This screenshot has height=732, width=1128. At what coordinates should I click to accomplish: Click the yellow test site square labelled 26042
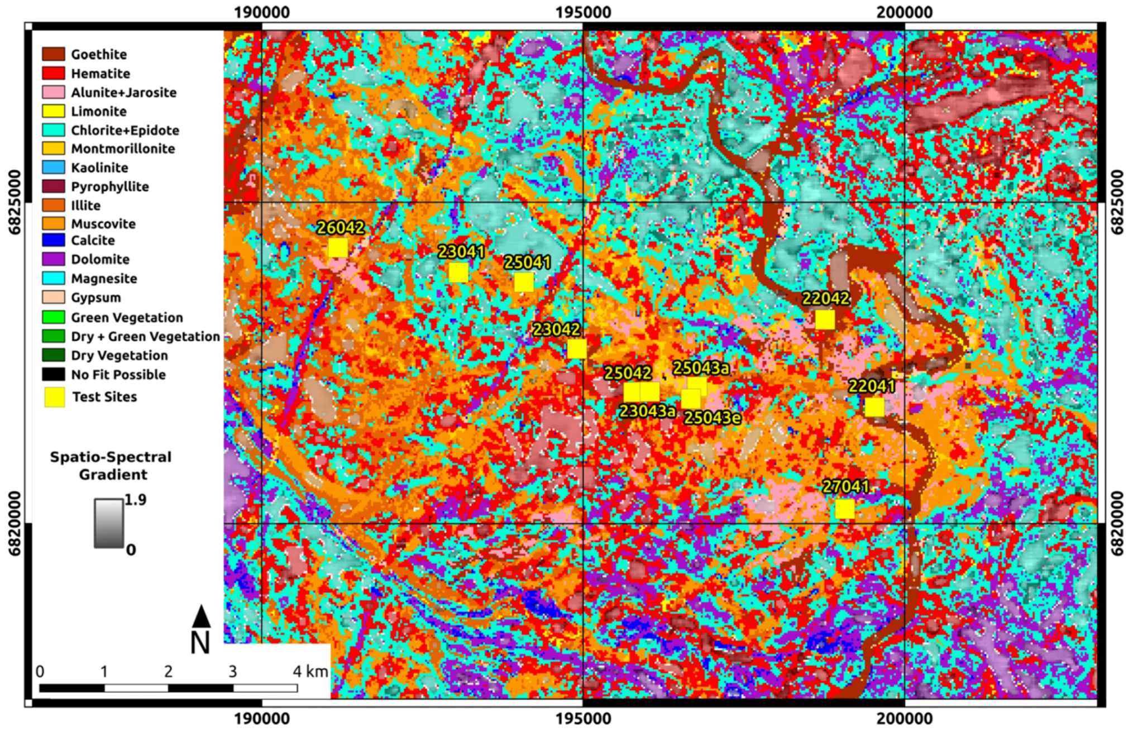pyautogui.click(x=338, y=247)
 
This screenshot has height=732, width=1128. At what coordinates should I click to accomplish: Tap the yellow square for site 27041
pyautogui.click(x=845, y=509)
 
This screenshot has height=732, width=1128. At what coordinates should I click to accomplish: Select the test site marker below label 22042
pyautogui.click(x=825, y=320)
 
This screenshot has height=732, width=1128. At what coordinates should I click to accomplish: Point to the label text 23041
pyautogui.click(x=461, y=252)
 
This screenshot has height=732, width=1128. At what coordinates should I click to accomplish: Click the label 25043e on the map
pyautogui.click(x=713, y=418)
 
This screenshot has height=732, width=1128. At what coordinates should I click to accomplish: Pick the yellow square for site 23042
pyautogui.click(x=577, y=349)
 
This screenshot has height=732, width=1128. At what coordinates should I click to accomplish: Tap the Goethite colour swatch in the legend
pyautogui.click(x=54, y=54)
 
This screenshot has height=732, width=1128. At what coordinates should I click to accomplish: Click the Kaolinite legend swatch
pyautogui.click(x=54, y=168)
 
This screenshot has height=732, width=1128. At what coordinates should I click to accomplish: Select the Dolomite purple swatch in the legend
pyautogui.click(x=54, y=259)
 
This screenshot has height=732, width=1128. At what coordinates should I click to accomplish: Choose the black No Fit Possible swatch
pyautogui.click(x=54, y=375)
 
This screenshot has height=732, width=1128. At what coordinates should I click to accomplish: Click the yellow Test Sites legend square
pyautogui.click(x=54, y=397)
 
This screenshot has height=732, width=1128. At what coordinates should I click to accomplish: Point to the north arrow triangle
pyautogui.click(x=201, y=616)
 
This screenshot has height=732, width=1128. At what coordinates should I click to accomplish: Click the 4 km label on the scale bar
pyautogui.click(x=310, y=671)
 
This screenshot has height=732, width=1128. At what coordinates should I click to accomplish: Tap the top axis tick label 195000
pyautogui.click(x=583, y=12)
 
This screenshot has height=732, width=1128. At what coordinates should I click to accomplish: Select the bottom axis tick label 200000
pyautogui.click(x=904, y=719)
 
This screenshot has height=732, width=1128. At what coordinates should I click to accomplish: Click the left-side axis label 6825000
pyautogui.click(x=15, y=202)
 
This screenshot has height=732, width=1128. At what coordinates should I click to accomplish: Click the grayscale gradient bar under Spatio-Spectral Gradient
pyautogui.click(x=108, y=523)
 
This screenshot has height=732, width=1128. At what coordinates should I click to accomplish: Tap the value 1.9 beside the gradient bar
pyautogui.click(x=135, y=500)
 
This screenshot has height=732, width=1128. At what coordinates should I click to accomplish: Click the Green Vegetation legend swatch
pyautogui.click(x=54, y=317)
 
